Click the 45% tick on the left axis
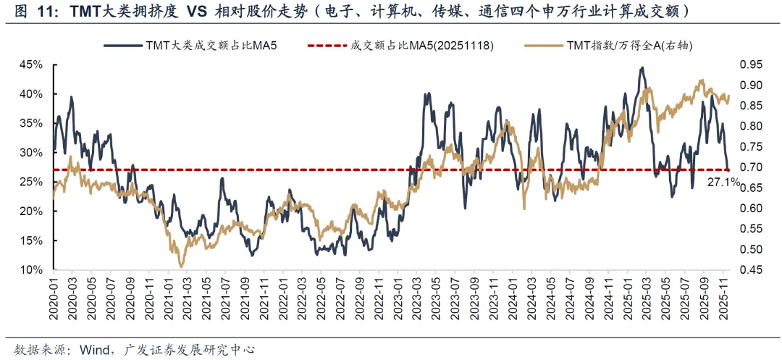[32, 64]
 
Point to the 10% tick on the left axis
[32, 270]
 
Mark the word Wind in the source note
[83, 349]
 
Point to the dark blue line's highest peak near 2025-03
[642, 68]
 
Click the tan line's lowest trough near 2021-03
[181, 267]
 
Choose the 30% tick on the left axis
[32, 153]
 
